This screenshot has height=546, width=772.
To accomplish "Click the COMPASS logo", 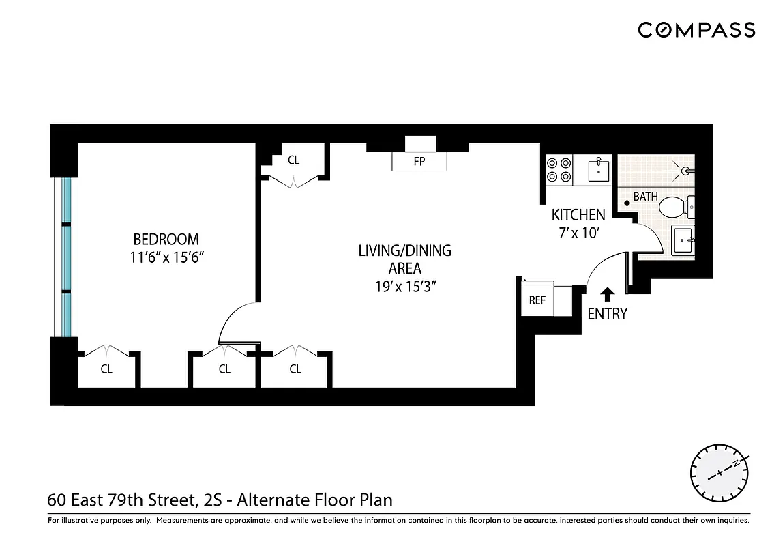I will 696,30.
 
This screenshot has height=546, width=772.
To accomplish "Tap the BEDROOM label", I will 166,240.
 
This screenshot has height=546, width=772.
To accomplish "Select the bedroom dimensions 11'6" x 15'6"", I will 166,259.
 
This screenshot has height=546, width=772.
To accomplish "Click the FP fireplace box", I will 419,162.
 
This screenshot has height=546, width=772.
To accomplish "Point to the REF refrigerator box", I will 537,300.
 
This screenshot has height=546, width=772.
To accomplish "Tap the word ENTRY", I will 607,314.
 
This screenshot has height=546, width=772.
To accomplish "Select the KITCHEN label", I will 578,215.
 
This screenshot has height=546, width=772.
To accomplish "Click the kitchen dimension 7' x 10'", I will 578,233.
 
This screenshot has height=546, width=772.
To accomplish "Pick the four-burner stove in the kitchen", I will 559,169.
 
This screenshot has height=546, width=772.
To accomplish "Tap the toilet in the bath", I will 676,205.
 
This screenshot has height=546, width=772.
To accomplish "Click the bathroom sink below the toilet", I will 683,240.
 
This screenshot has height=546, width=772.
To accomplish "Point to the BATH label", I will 645,197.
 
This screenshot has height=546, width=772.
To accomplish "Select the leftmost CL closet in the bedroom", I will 106,369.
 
